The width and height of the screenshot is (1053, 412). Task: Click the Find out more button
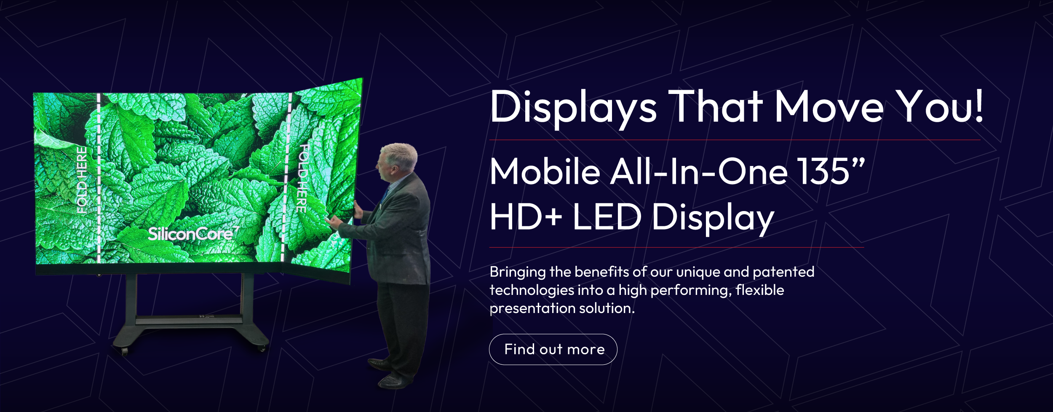tap(553, 349)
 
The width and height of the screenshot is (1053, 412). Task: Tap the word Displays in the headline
tap(573, 107)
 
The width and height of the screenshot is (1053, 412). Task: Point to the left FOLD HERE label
tap(82, 180)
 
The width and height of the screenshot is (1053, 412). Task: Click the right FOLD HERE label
tap(303, 178)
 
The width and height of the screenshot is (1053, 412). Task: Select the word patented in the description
tap(783, 272)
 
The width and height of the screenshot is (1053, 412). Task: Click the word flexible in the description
tap(760, 290)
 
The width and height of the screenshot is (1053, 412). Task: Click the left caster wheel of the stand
tap(125, 350)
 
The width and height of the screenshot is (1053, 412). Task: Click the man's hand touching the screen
tap(333, 222)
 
